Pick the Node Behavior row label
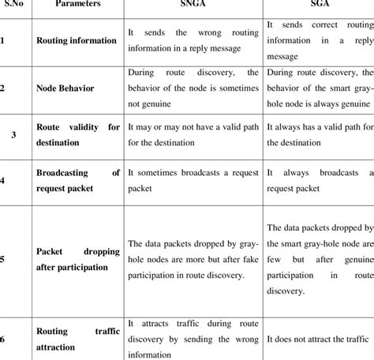pyautogui.click(x=66, y=88)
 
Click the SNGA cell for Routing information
pyautogui.click(x=193, y=39)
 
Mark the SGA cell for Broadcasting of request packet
pyautogui.click(x=318, y=181)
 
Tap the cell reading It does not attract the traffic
pyautogui.click(x=318, y=338)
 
